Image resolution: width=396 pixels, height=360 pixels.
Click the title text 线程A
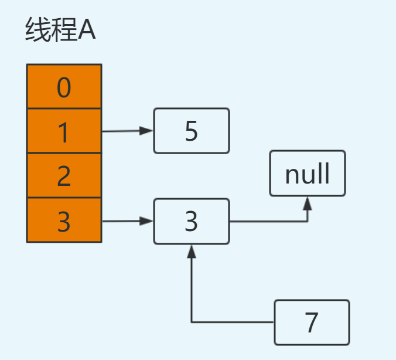tap(60, 30)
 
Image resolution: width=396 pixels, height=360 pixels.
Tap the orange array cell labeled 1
tap(64, 131)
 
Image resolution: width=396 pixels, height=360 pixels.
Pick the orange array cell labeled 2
tap(64, 176)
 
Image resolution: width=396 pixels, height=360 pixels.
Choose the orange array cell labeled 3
tap(64, 220)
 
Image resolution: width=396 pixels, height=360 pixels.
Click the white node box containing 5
tap(192, 131)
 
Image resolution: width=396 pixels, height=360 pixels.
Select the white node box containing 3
tap(192, 221)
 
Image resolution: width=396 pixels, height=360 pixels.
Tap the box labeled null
tap(308, 174)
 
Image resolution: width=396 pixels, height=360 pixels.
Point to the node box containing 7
tap(312, 322)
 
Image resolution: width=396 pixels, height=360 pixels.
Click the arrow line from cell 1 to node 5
tap(123, 131)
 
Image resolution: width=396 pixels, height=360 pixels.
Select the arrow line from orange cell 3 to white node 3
tap(123, 221)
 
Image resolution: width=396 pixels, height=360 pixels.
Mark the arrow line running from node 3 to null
tap(269, 222)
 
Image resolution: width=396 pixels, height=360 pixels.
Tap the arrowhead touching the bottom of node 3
tap(192, 251)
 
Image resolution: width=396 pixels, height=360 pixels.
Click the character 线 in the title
tap(36, 30)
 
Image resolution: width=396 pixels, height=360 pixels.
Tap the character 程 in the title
tap(62, 30)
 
